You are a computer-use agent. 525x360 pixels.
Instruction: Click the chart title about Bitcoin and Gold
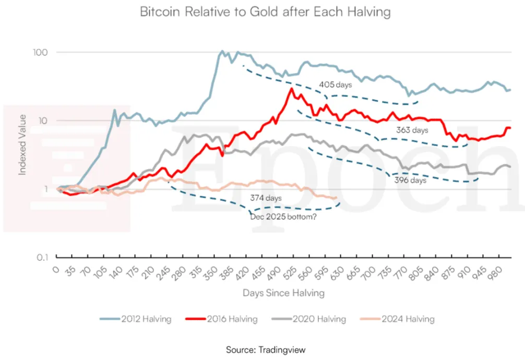265,11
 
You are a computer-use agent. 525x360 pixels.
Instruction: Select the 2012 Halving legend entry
136,319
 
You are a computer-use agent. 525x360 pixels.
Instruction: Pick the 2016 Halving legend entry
222,319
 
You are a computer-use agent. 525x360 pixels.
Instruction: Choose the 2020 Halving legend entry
309,319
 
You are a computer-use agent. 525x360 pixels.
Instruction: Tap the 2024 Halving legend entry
398,319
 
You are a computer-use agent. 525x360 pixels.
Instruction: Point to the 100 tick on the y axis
40,52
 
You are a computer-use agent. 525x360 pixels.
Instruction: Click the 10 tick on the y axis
42,121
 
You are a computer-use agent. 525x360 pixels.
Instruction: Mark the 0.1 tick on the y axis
42,257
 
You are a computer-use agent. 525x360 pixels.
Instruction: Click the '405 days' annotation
335,85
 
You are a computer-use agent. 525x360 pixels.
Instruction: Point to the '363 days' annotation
412,130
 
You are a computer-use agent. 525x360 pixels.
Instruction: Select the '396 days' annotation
410,180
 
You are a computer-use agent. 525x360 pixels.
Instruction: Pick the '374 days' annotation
266,198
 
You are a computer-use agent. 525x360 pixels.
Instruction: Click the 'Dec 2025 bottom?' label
283,217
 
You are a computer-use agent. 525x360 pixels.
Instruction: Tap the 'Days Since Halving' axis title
283,293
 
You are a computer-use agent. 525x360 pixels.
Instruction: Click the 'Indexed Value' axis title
22,145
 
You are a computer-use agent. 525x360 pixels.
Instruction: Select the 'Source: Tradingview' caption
266,350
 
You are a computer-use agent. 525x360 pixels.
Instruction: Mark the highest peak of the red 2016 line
292,88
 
